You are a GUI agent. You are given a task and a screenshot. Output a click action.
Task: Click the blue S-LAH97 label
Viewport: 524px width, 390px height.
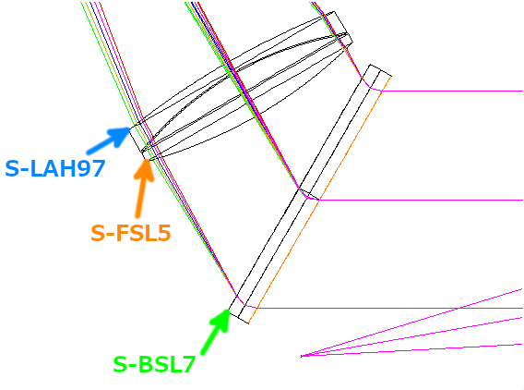point(55,168)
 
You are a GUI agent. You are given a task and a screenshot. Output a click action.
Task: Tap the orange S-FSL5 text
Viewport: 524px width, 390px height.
point(131,233)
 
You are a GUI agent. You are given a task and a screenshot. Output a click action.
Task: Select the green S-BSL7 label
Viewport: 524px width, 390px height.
point(154,364)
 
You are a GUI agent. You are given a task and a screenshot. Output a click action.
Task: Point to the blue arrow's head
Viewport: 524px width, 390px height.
point(130,128)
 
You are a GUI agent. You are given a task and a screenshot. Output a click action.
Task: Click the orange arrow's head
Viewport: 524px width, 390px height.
point(147,160)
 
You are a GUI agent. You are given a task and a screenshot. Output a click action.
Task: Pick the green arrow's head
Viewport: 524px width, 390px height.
point(228,310)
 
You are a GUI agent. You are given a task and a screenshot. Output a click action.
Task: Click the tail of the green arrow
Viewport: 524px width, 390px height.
point(203,352)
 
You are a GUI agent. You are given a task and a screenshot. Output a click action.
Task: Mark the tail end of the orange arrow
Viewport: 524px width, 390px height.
point(137,216)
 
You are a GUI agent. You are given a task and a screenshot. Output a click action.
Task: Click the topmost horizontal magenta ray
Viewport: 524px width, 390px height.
point(452,91)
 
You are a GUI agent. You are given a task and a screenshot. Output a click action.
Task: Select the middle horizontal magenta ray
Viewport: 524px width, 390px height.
point(421,201)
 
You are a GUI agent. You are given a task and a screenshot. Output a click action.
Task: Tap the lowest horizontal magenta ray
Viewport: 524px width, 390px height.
point(389,308)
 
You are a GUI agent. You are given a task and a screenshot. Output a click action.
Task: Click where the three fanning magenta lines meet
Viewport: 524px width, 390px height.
point(301,356)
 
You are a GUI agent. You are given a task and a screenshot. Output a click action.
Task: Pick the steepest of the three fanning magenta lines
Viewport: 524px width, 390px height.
point(411,323)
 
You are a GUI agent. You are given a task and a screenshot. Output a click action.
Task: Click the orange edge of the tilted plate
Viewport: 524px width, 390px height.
point(320,200)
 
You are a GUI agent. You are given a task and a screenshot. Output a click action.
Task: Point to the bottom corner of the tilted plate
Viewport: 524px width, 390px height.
point(248,323)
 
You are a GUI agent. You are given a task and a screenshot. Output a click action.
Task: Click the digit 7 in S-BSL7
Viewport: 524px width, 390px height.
point(188,364)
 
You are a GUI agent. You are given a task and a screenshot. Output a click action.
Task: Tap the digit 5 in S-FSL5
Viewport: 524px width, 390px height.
point(164,233)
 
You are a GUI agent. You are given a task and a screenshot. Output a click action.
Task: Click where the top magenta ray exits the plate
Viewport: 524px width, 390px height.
point(382,91)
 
